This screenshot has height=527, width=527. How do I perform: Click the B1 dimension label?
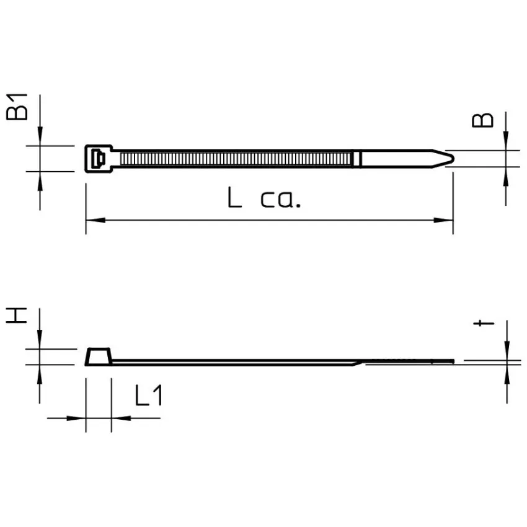pyautogui.click(x=17, y=107)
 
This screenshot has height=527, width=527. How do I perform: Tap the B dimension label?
pyautogui.click(x=482, y=120)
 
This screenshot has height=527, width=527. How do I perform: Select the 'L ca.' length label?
pyautogui.click(x=264, y=198)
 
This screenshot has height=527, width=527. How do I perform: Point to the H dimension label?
pyautogui.click(x=16, y=315)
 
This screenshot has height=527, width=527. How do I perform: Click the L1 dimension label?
pyautogui.click(x=149, y=395)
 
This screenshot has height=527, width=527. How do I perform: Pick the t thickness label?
pyautogui.click(x=484, y=323)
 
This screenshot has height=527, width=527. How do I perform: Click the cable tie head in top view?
pyautogui.click(x=99, y=159)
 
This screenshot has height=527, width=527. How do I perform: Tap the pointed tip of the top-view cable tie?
pyautogui.click(x=454, y=158)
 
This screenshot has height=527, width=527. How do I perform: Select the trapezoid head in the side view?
pyautogui.click(x=99, y=356)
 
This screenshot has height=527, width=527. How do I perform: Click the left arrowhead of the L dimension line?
pyautogui.click(x=95, y=220)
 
